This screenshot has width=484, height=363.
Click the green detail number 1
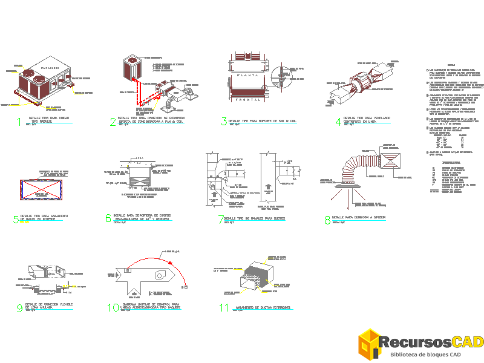(x=19, y=122)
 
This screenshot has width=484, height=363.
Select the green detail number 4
(x=338, y=121)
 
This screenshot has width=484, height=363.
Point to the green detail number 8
(x=327, y=220)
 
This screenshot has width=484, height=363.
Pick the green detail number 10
(x=113, y=307)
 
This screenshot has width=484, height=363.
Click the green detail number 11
(x=224, y=308)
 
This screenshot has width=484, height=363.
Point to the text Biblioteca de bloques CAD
(x=426, y=355)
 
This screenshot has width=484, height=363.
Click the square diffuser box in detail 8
(x=388, y=159)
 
